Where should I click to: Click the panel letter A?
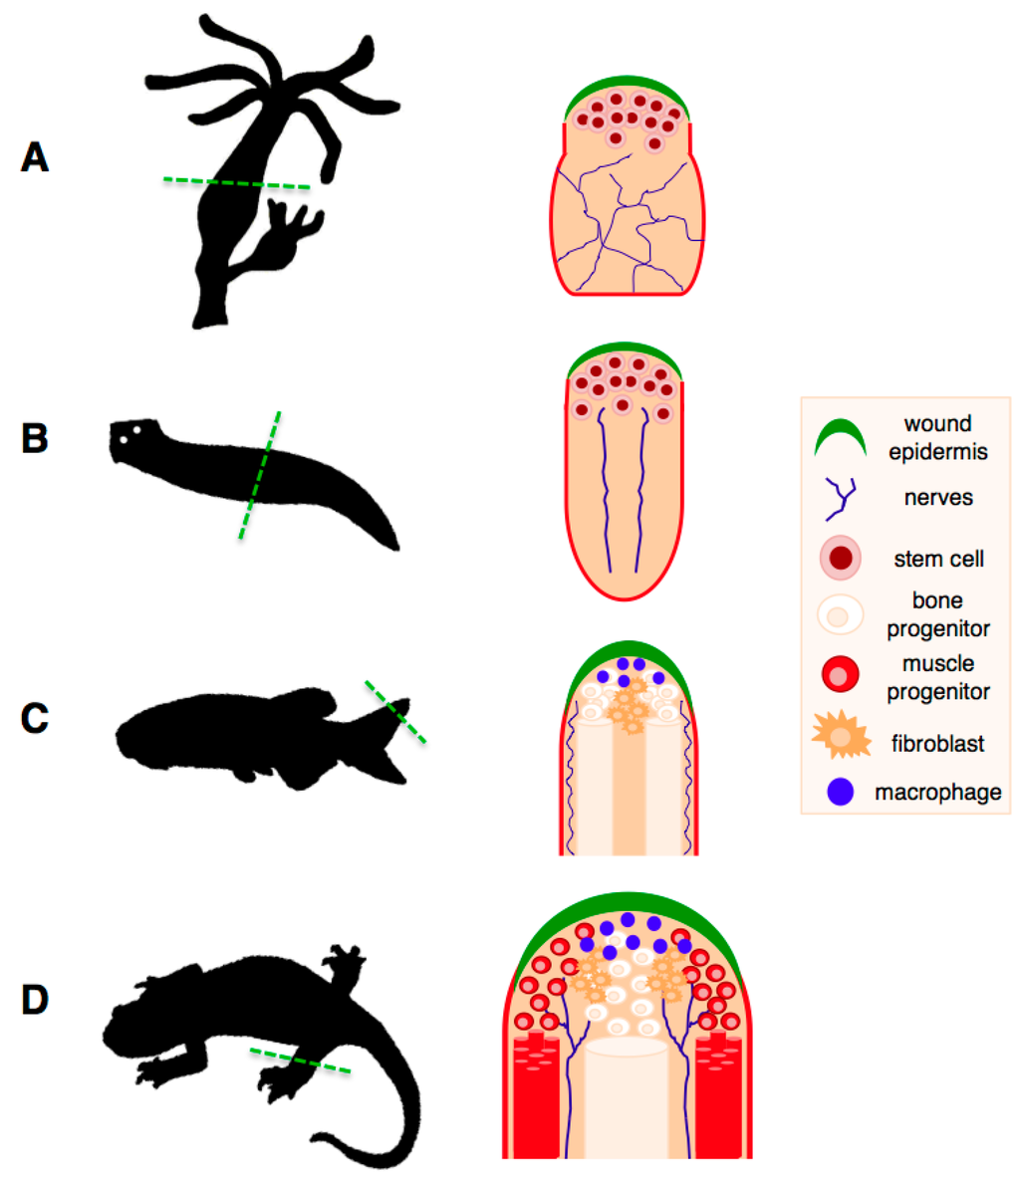tap(35, 157)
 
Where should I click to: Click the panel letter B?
tap(35, 438)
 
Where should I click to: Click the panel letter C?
tap(35, 718)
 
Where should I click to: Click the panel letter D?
tap(35, 1000)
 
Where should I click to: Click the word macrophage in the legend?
tap(938, 794)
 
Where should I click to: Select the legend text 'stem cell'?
tap(938, 559)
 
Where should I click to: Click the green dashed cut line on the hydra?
tap(237, 183)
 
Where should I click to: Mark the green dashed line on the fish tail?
tap(395, 711)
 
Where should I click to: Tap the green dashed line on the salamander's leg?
tap(300, 1061)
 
